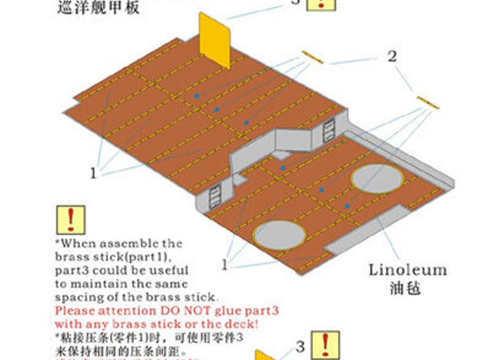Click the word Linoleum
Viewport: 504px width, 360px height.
coord(408,270)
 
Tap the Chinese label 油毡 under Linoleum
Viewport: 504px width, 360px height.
coord(404,289)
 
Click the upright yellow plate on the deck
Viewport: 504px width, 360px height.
coord(215,39)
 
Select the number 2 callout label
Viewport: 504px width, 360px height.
coord(392,56)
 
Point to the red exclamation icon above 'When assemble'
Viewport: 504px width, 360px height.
coord(71,220)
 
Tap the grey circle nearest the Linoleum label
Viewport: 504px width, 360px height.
coord(377,178)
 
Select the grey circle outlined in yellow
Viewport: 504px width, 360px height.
coord(279,233)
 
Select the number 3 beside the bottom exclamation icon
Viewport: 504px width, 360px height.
coord(300,346)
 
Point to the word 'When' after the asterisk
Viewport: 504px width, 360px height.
coord(78,244)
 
